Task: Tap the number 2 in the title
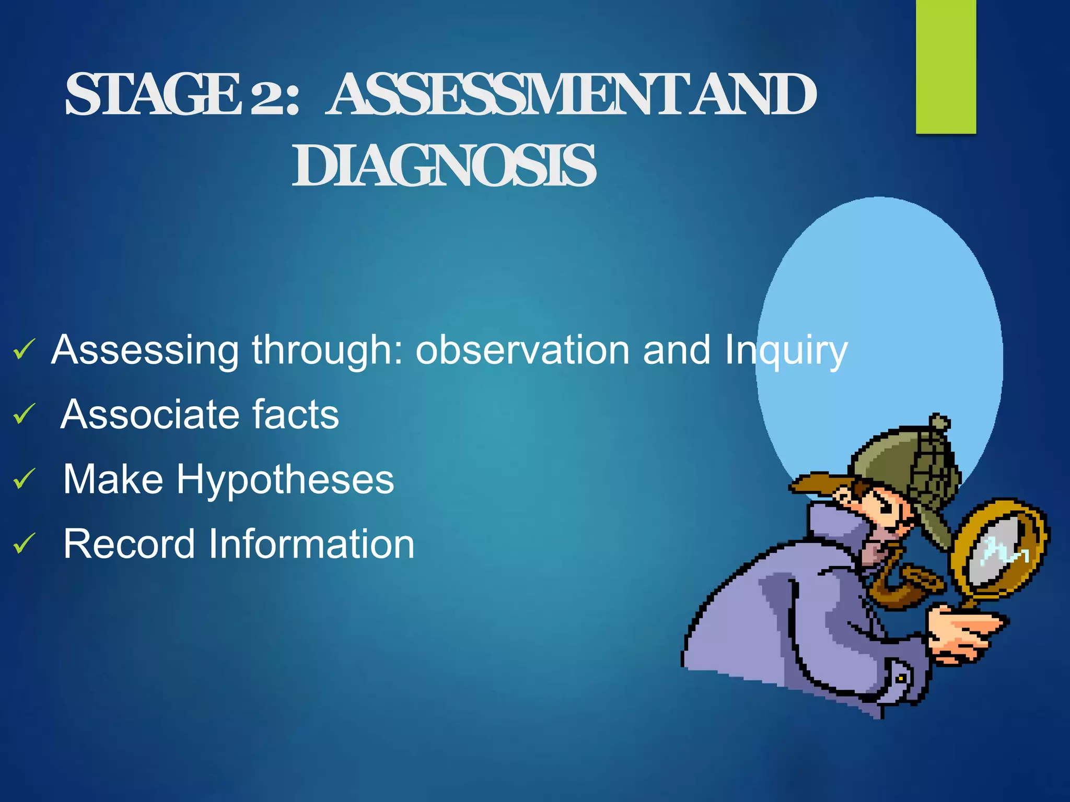click(x=267, y=96)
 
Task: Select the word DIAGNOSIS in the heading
click(x=444, y=166)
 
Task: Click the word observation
click(x=522, y=350)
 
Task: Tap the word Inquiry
click(x=786, y=351)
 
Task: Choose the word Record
click(x=129, y=544)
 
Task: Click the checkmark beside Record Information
click(x=24, y=544)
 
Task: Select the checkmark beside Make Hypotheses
click(x=24, y=479)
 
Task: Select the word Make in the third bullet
click(x=113, y=479)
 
